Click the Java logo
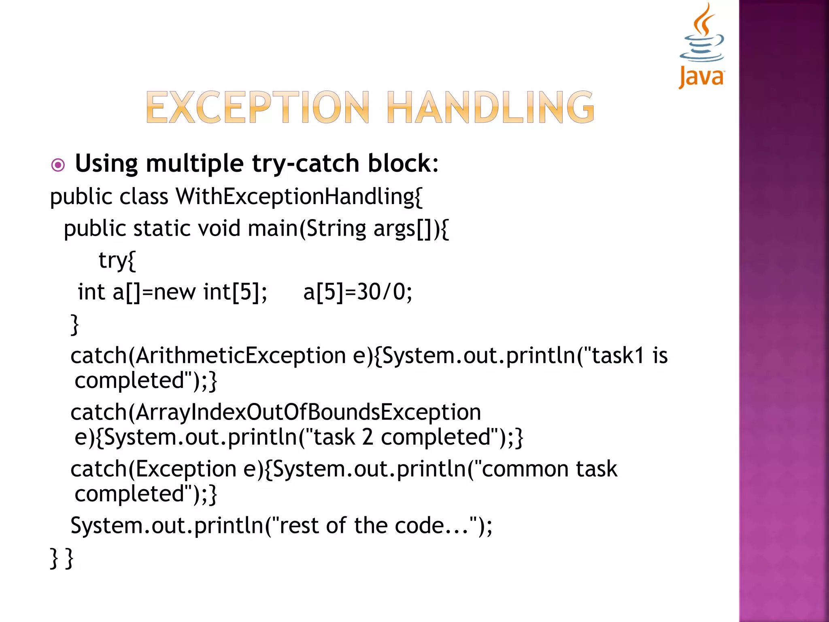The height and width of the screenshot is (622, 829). point(701,45)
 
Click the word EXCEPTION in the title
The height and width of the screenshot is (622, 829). point(257,107)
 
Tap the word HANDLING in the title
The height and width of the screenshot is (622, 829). point(491,107)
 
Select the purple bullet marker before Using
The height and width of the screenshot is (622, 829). point(58,165)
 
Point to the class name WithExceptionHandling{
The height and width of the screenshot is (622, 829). point(299,197)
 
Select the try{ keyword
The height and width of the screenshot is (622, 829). point(117,260)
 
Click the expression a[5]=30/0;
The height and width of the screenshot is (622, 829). point(357,292)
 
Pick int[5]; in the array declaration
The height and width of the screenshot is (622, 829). point(235,292)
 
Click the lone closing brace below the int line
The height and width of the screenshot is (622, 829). point(74,324)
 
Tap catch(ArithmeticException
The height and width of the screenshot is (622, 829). point(208,356)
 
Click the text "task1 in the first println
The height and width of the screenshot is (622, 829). point(617,356)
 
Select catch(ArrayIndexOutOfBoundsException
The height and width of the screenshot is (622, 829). point(276,412)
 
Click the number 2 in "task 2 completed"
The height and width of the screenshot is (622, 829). point(368,437)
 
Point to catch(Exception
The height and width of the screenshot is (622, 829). point(153,469)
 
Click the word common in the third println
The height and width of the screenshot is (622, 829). point(525,469)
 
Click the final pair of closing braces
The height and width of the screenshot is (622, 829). point(62,558)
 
